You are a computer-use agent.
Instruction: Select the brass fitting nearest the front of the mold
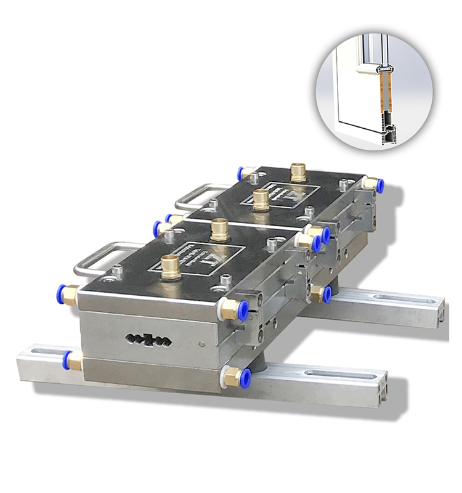[x=171, y=267]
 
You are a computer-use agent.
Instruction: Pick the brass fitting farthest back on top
[x=298, y=172]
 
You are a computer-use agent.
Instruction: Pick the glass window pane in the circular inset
[x=348, y=86]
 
